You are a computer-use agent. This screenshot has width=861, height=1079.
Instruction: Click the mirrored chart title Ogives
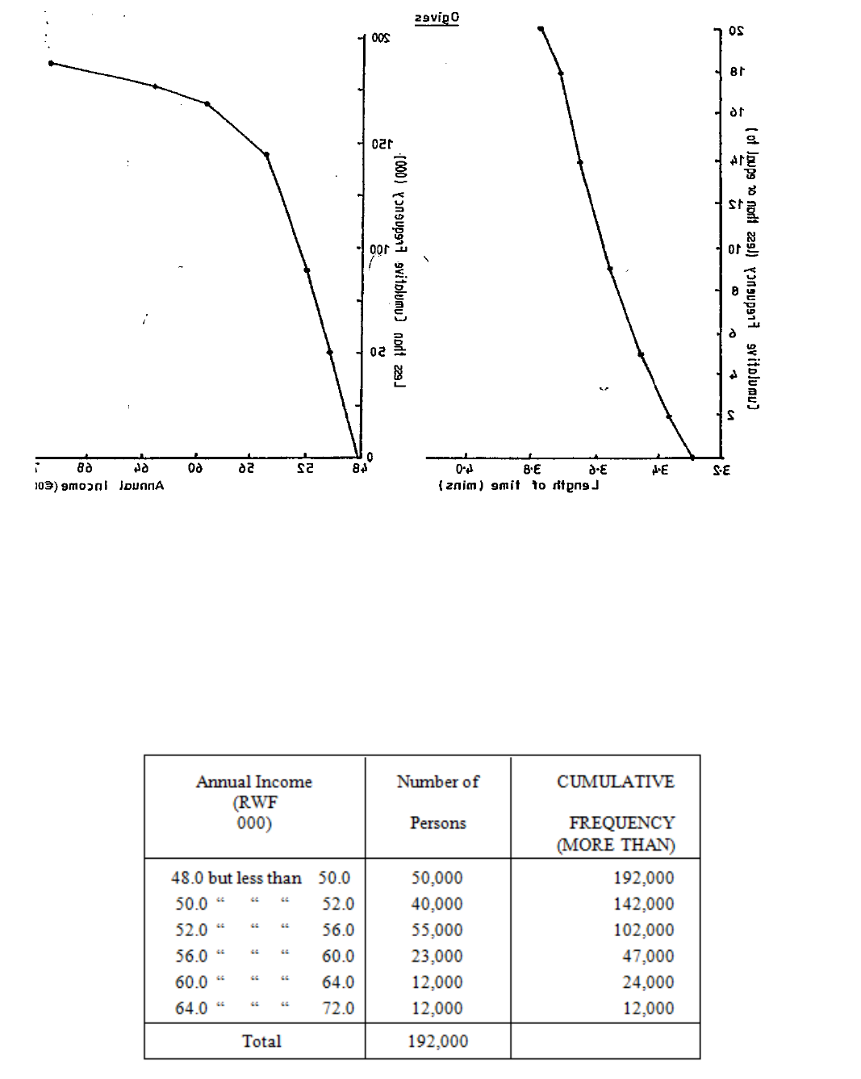point(437,18)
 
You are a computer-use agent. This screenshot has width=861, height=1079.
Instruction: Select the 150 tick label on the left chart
point(380,144)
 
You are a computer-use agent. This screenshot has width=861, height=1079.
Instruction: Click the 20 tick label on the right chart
point(736,31)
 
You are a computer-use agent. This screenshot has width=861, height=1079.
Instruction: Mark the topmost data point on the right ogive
point(541,29)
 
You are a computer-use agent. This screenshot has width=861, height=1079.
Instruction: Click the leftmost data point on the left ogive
point(51,63)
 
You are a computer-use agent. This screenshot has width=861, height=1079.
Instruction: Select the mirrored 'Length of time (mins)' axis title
point(518,486)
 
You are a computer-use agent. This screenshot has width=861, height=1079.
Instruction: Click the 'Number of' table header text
point(437,781)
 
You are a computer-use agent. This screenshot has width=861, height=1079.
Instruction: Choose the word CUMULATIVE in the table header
point(615,781)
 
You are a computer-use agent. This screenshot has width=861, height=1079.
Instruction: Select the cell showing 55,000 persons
point(437,930)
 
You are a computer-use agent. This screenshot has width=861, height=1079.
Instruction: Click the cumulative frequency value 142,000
point(643,904)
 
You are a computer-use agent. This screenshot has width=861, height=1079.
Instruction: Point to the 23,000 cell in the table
point(437,956)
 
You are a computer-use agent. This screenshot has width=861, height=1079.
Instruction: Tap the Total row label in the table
point(261,1041)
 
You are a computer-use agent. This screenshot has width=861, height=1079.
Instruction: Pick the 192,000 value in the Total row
point(437,1041)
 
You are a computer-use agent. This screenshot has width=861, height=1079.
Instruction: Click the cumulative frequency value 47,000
point(648,956)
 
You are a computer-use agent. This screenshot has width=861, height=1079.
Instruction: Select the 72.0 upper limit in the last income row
point(337,1008)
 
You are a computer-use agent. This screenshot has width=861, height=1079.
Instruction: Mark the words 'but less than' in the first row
point(254,878)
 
